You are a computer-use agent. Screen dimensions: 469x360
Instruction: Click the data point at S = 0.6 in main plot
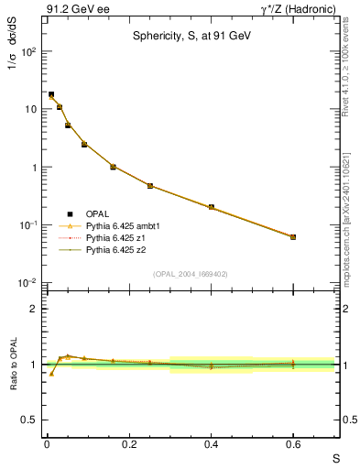[x=293, y=236]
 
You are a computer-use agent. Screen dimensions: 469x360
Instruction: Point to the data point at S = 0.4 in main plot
[x=211, y=207]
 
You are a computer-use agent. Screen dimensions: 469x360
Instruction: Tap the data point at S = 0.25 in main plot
[x=149, y=186]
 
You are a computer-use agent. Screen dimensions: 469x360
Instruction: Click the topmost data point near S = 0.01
[x=51, y=94]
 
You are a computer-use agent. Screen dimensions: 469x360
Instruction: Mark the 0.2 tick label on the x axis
[x=128, y=445]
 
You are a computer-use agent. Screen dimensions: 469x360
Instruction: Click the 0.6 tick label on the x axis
[x=293, y=445]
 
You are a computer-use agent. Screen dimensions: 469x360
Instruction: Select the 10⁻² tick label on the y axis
[x=27, y=283]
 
